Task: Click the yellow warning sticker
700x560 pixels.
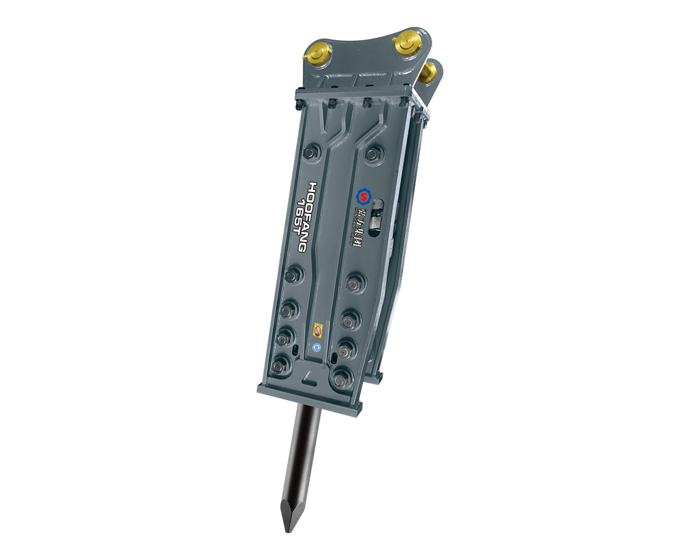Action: [x=318, y=330]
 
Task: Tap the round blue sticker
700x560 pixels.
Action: [x=317, y=347]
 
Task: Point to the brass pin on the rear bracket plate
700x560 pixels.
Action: [x=430, y=72]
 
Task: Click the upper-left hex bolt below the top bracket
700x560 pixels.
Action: [x=310, y=153]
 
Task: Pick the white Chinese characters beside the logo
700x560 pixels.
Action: [x=360, y=225]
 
